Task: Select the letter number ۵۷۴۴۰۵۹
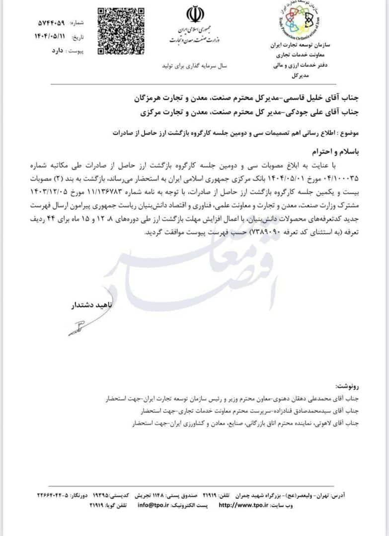click(52, 23)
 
